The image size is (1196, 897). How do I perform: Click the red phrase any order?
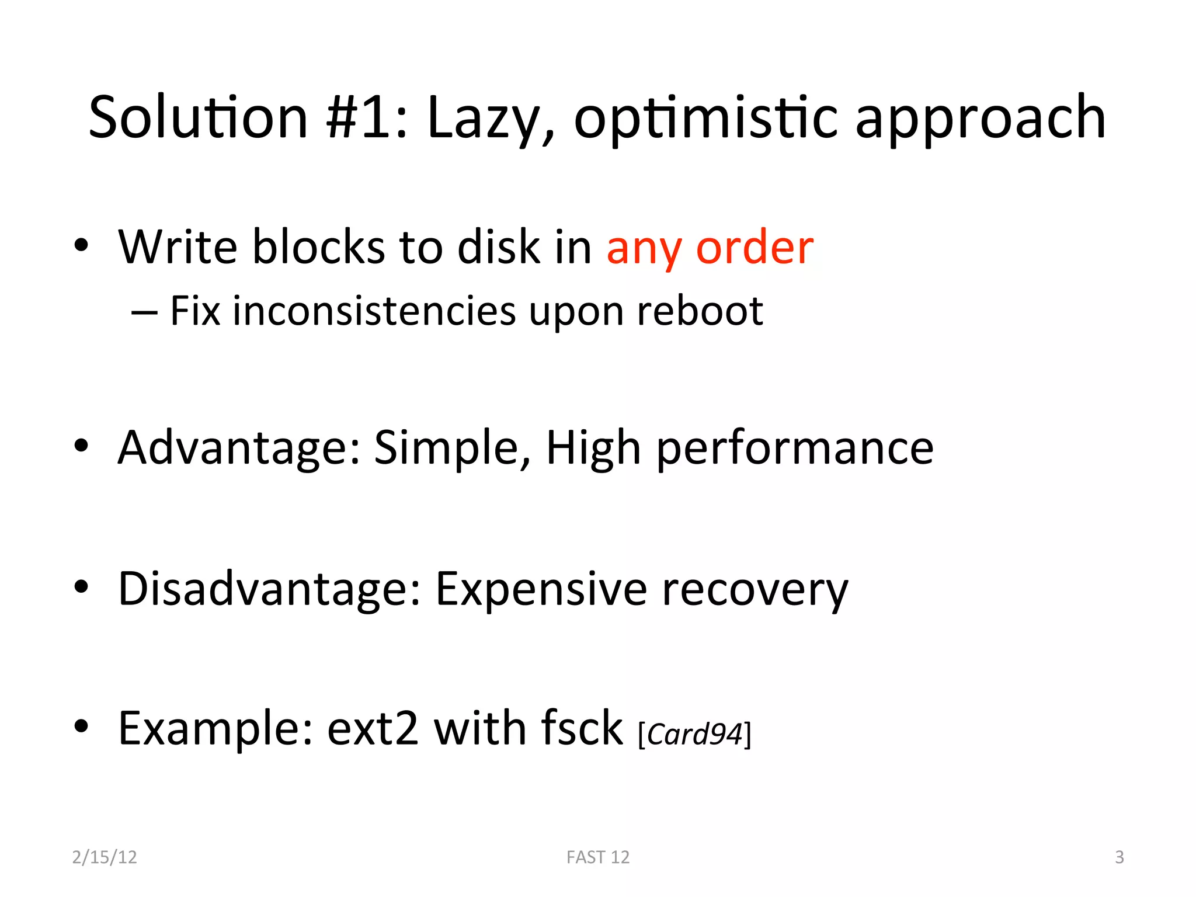(710, 249)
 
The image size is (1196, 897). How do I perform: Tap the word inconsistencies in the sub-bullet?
(374, 311)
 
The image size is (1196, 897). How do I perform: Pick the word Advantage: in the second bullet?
(239, 448)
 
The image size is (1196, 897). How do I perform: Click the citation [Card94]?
(694, 734)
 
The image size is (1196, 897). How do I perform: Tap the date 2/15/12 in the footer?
(105, 857)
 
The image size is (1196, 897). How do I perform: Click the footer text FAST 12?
(598, 857)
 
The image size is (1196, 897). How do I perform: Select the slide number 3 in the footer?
(1119, 857)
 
